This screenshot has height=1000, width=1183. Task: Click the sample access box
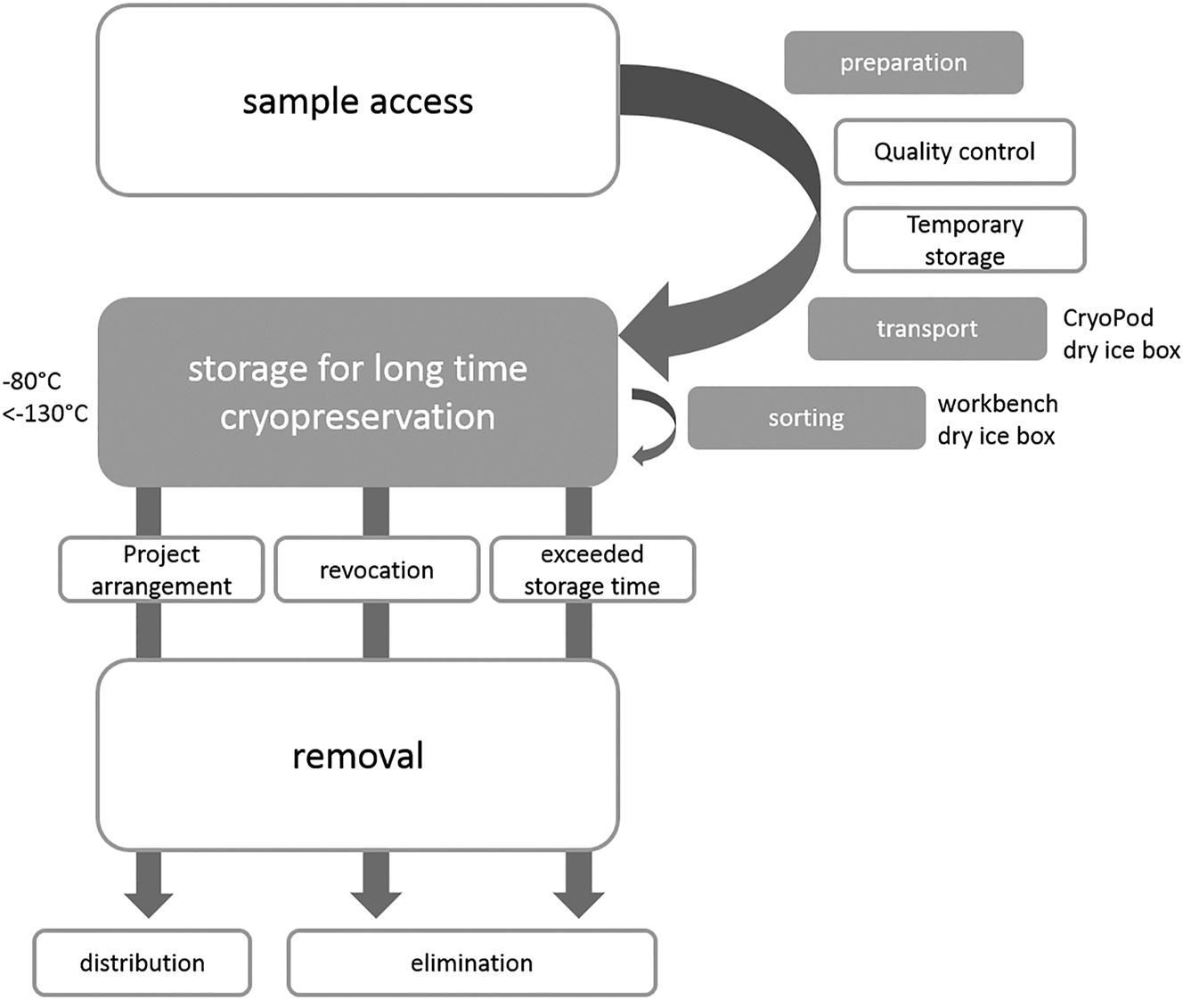[357, 101]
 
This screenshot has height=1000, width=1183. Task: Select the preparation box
[903, 62]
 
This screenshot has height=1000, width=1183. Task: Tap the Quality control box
[954, 152]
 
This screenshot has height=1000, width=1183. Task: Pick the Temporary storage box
[964, 240]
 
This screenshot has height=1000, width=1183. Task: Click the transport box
[926, 329]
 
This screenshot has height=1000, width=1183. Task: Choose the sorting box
[805, 418]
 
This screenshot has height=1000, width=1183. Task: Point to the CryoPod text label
[1108, 318]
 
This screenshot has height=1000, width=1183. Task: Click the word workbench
[998, 404]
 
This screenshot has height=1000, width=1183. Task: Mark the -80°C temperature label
[32, 381]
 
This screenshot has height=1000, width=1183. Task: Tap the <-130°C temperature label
[45, 414]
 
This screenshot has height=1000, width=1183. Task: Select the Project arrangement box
[161, 570]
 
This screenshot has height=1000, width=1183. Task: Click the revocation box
[376, 570]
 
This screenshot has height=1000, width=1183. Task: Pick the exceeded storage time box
[591, 570]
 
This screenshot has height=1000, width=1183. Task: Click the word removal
[357, 756]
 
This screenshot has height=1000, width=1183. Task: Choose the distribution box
[142, 963]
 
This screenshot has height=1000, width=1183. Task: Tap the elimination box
[471, 963]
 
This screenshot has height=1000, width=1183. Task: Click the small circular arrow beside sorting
[654, 423]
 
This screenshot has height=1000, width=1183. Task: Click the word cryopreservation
[357, 416]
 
